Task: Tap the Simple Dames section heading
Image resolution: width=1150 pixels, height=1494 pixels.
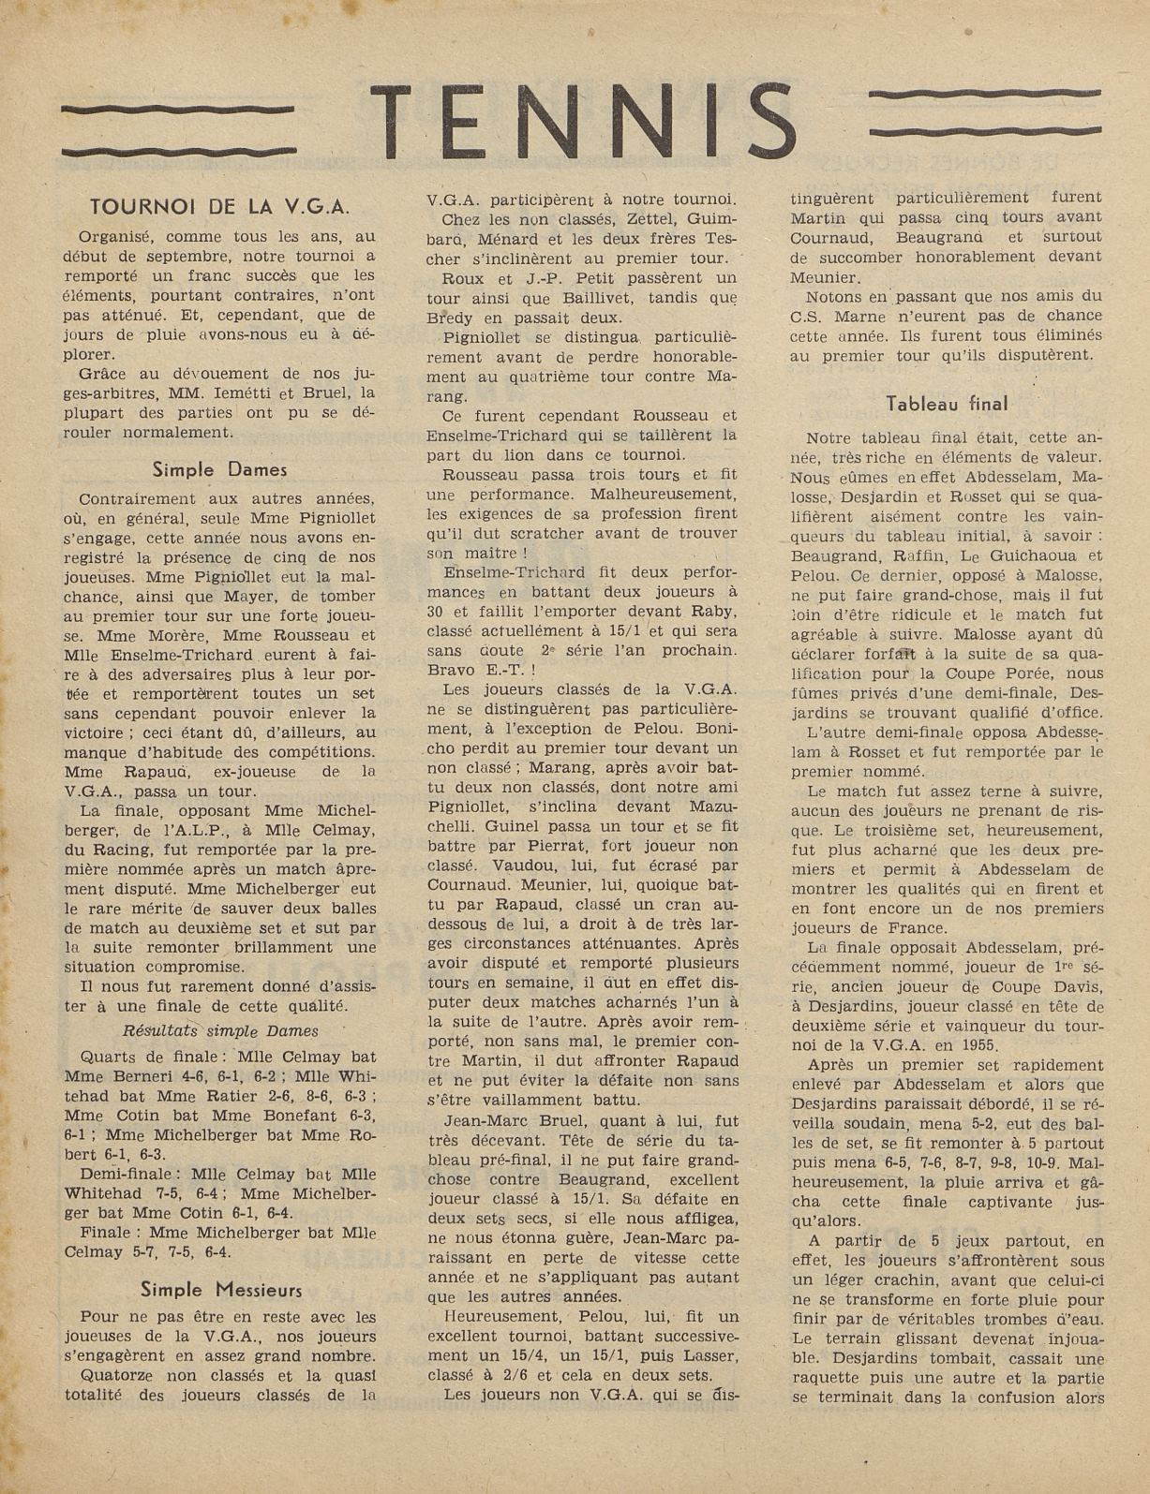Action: pos(219,469)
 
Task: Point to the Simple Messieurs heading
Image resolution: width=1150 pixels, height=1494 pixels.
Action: pos(221,1289)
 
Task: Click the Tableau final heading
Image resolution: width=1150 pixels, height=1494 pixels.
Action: pos(947,404)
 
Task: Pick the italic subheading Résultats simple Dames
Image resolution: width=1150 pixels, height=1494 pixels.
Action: pos(220,1030)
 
